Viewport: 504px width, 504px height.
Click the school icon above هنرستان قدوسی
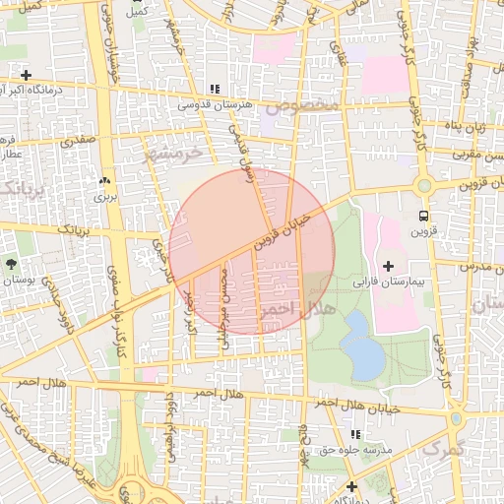point(215,90)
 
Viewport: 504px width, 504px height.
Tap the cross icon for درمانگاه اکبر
point(26,75)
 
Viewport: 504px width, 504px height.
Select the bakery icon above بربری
point(104,181)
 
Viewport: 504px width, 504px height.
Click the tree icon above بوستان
point(11,264)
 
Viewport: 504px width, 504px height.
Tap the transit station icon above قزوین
point(423,216)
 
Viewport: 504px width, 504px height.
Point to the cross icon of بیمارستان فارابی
point(388,266)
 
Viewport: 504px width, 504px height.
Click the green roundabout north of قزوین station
point(424,185)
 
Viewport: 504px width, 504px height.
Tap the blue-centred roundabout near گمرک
point(455,418)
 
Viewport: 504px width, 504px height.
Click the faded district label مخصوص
point(306,103)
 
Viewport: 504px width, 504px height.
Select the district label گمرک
point(442,448)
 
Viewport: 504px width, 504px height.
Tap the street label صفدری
point(78,141)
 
